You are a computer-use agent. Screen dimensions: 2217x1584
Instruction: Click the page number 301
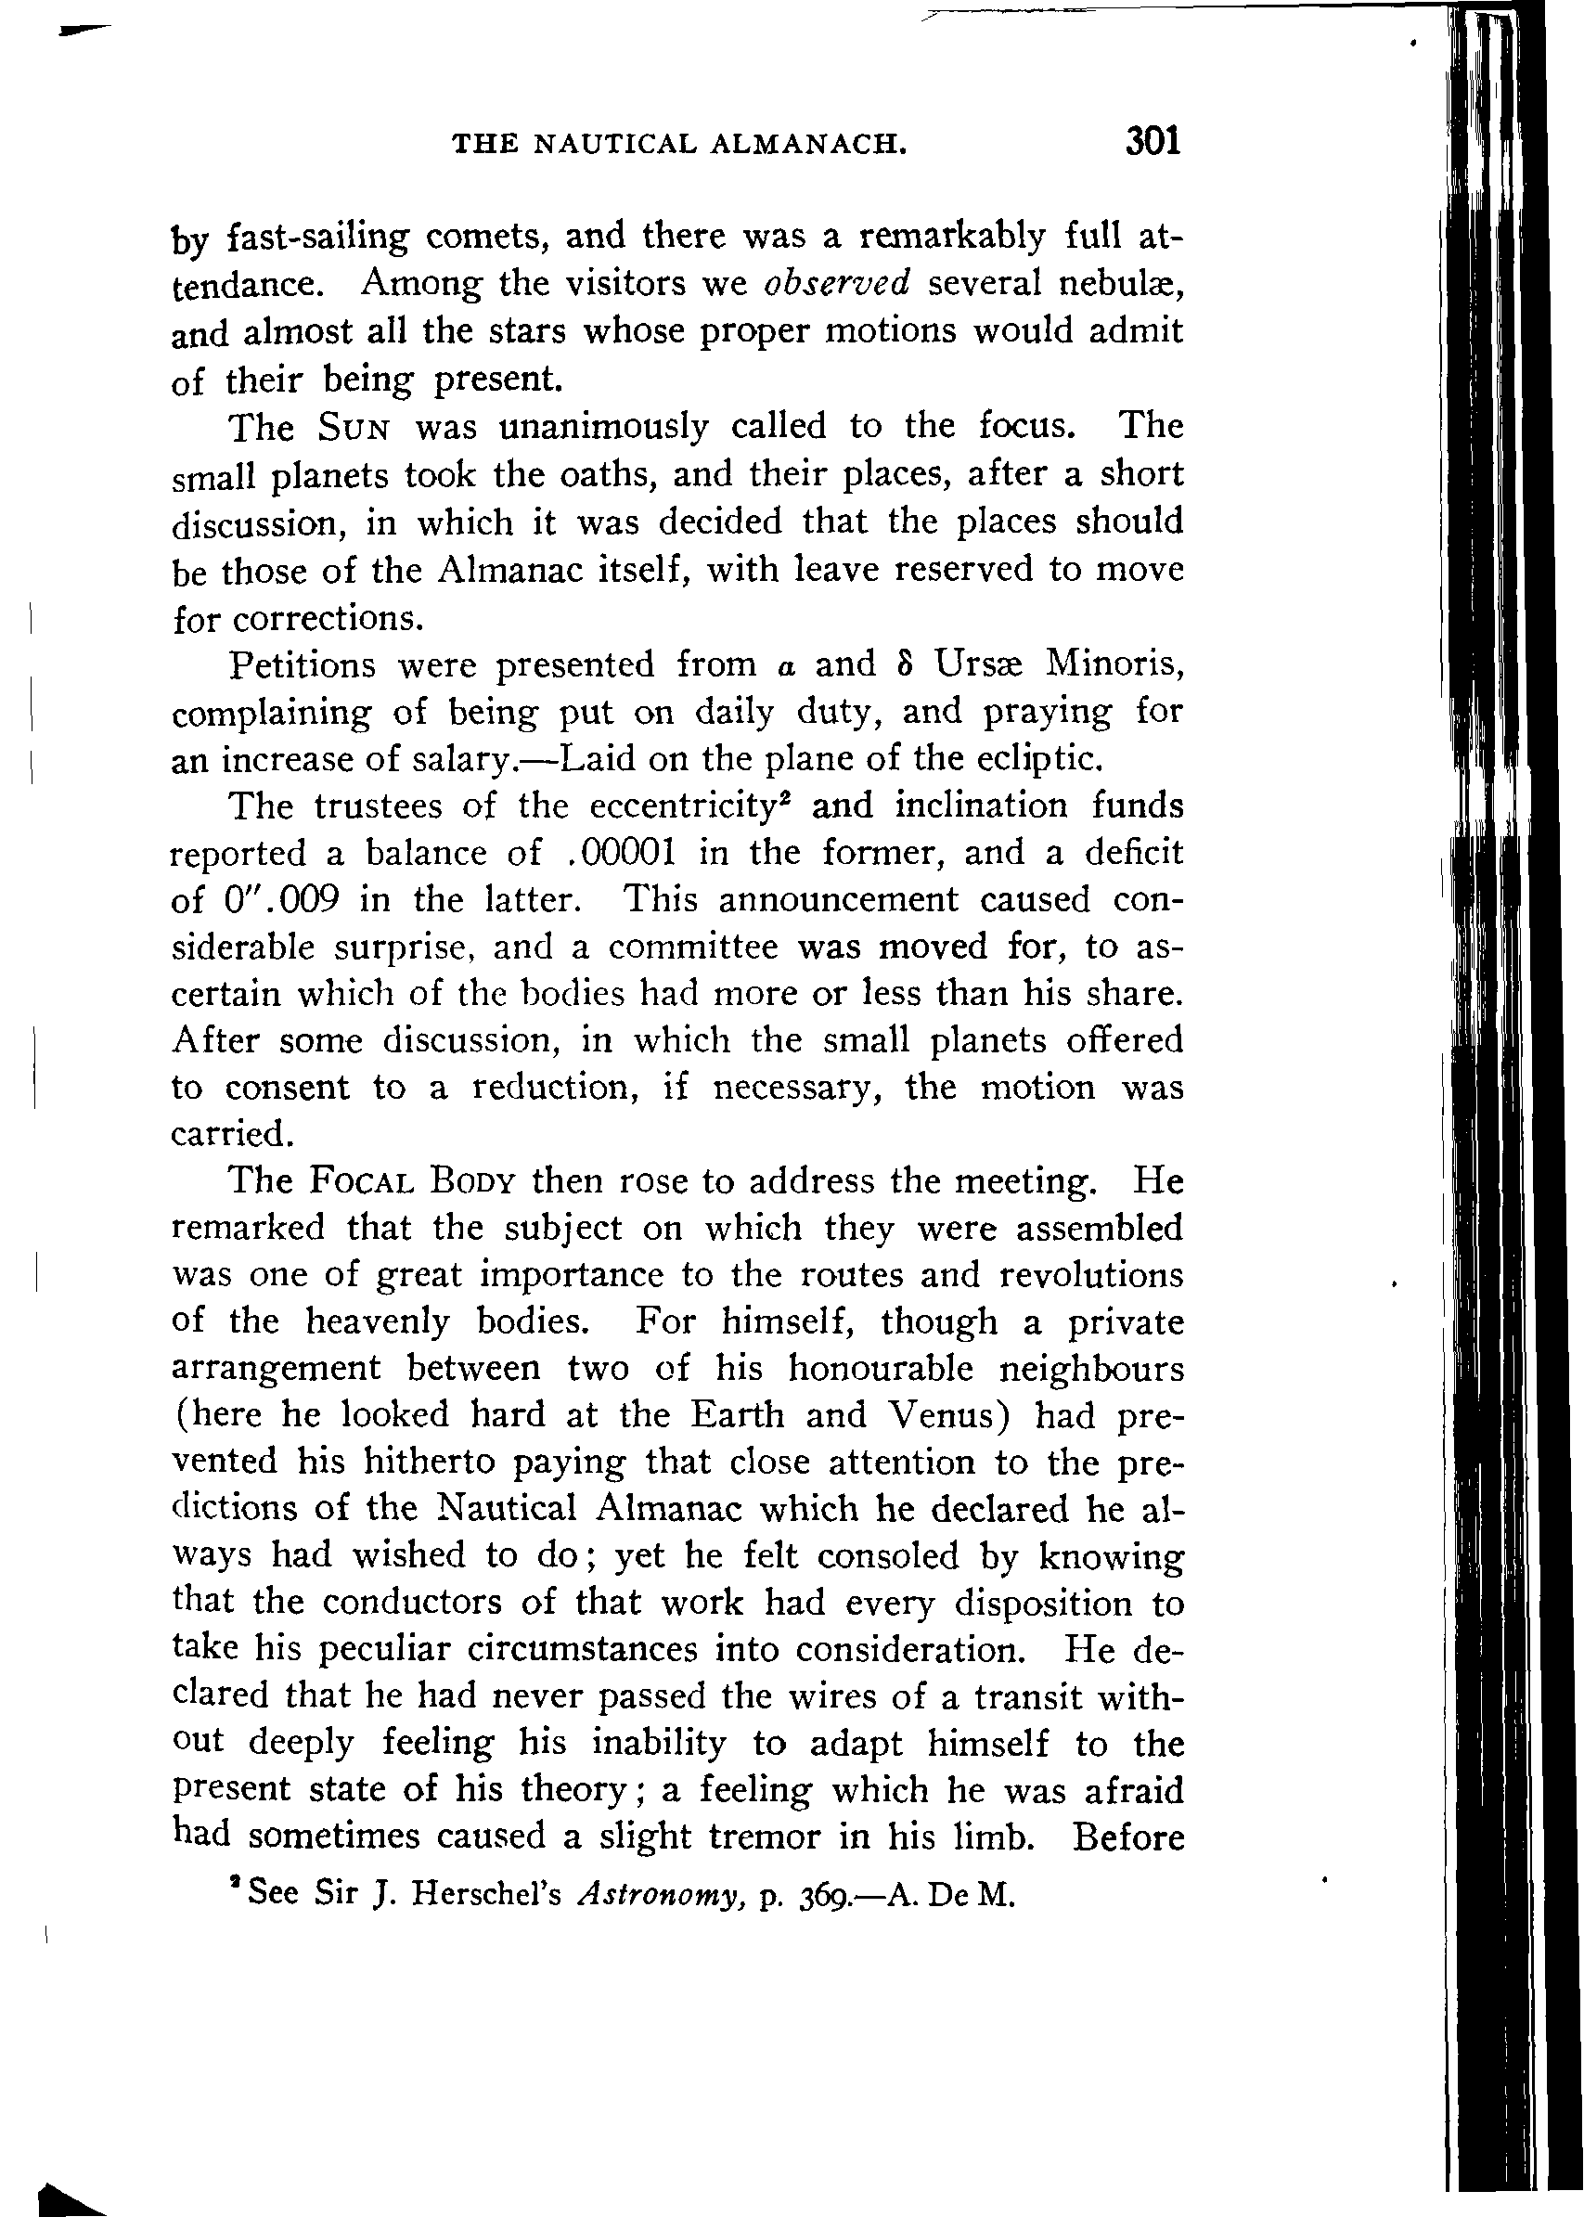tap(1153, 141)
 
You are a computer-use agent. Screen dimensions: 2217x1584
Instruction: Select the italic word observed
tap(837, 283)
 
